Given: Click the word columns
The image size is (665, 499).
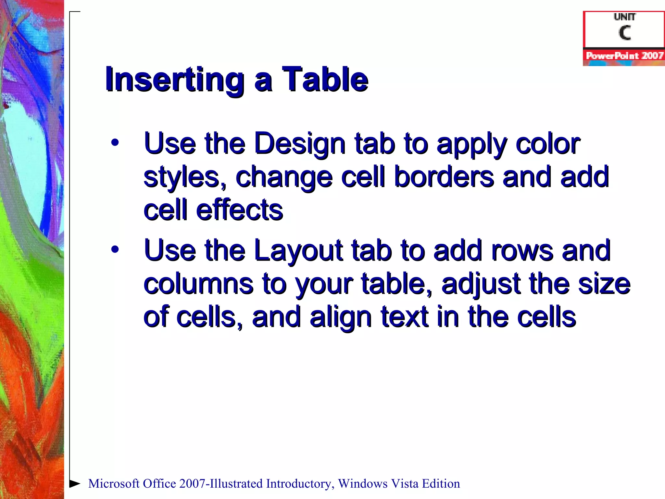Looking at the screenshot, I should [198, 284].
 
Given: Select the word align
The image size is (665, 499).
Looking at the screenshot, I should [341, 318].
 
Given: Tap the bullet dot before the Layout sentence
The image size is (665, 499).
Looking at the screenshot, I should [115, 249].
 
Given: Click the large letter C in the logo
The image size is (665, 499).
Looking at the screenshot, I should [624, 33].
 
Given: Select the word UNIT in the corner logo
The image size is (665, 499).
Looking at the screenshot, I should [624, 17].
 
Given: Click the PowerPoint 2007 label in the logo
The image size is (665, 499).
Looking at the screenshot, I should [624, 56].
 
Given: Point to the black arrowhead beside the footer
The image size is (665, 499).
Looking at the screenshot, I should [75, 483].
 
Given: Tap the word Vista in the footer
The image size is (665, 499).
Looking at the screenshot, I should [404, 483].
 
